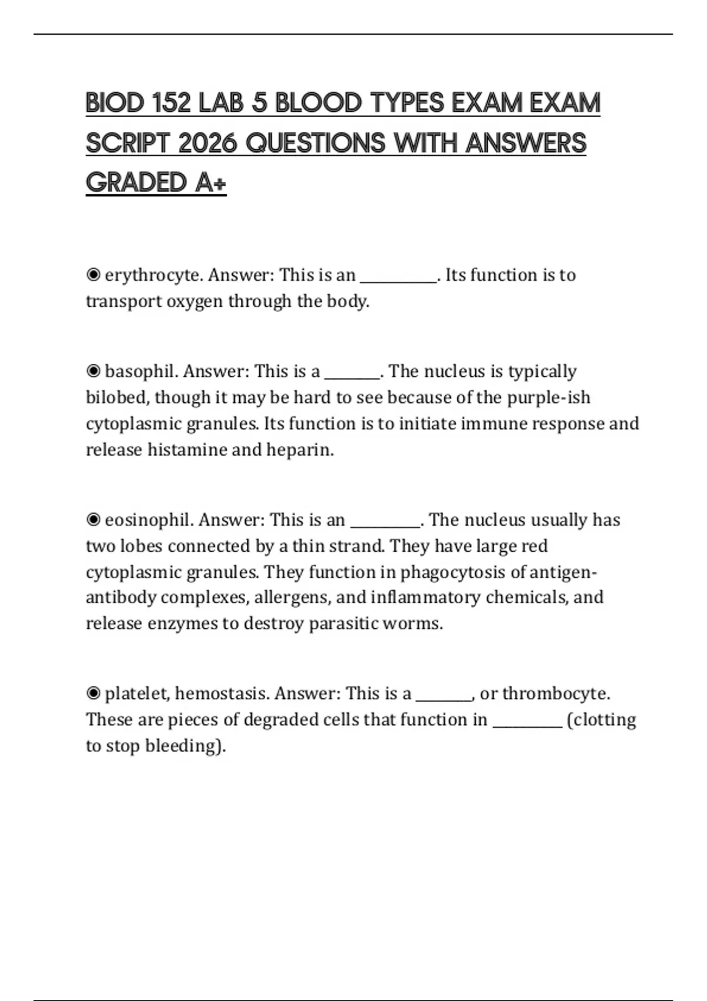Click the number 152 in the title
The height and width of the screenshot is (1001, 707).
[x=171, y=103]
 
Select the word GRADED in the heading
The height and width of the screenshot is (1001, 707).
[x=136, y=183]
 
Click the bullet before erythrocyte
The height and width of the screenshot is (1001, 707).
[x=93, y=275]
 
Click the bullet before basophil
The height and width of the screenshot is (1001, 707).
[x=93, y=372]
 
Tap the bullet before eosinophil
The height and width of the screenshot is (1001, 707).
[x=93, y=520]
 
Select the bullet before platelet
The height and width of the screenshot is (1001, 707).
[x=93, y=694]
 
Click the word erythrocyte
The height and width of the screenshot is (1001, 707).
[x=153, y=276]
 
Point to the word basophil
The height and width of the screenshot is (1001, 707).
[x=141, y=372]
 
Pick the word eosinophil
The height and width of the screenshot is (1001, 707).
[x=148, y=520]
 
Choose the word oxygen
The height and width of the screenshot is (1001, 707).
[x=195, y=302]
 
